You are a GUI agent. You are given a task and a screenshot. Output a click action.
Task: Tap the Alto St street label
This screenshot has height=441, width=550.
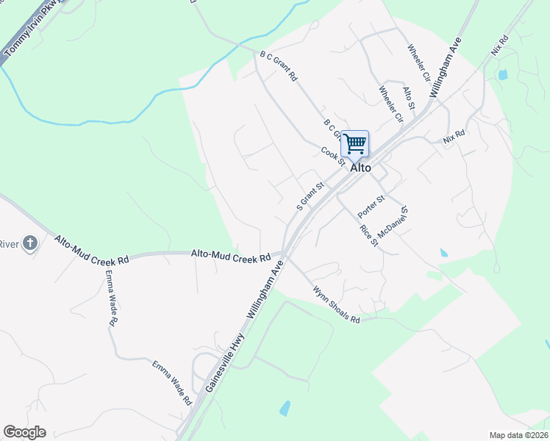[x=410, y=98]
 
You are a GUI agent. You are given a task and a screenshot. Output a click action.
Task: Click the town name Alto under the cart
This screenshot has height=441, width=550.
[x=360, y=168]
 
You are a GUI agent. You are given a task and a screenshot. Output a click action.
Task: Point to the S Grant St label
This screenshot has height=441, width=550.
[x=310, y=196]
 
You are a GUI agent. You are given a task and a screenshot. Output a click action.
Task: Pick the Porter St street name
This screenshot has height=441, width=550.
[x=371, y=207]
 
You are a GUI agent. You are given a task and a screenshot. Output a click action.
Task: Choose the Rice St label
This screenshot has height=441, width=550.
[x=368, y=235]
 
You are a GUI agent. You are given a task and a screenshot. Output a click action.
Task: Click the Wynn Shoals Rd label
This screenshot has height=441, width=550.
[x=336, y=304]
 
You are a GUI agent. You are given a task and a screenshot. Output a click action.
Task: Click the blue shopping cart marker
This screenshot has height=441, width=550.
[x=354, y=143]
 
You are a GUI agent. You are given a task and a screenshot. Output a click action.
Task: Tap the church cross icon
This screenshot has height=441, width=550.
[x=29, y=244]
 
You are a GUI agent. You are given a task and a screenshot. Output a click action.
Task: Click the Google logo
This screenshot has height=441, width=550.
[x=24, y=432]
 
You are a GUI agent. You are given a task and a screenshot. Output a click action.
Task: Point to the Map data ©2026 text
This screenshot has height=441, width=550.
[x=518, y=435]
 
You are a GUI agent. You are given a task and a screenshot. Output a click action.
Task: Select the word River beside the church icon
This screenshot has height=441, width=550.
[x=8, y=244]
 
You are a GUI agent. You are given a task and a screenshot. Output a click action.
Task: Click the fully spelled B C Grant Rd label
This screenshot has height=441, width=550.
[x=279, y=65]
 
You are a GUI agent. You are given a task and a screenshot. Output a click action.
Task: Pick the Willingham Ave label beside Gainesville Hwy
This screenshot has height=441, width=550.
[x=265, y=292]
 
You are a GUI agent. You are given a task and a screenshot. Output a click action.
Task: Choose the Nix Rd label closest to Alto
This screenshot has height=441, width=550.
[x=454, y=137]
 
